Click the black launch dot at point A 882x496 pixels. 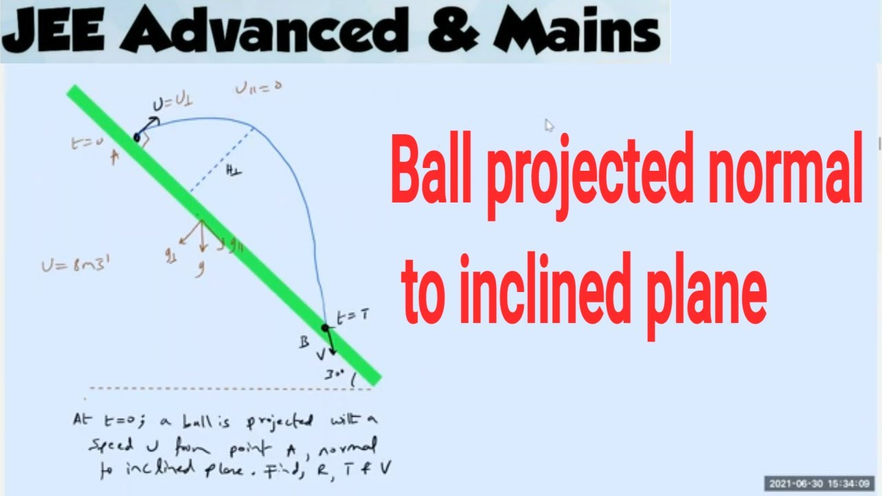pos(136,138)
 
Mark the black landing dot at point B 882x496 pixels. pos(325,328)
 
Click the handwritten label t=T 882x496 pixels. pos(352,316)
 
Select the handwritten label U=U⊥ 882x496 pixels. pos(172,103)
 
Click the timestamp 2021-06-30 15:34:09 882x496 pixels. pos(819,483)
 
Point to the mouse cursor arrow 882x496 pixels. pos(549,125)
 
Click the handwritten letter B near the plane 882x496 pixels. pos(303,343)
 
